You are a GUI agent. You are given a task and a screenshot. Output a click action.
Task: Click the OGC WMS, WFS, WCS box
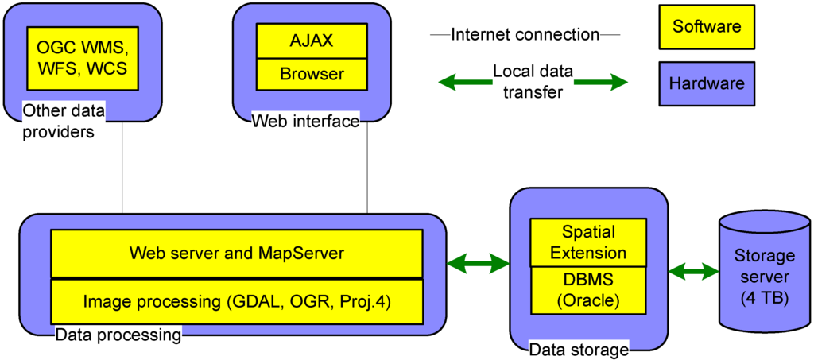pyautogui.click(x=77, y=59)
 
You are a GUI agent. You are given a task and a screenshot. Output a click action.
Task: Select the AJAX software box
pyautogui.click(x=312, y=41)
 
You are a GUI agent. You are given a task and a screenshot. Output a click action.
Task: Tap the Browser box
pyautogui.click(x=312, y=75)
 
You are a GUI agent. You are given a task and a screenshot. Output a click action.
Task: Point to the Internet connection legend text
pyautogui.click(x=524, y=35)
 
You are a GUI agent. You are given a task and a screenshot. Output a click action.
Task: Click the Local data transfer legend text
pyautogui.click(x=528, y=82)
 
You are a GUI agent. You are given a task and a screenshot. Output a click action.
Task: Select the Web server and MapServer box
pyautogui.click(x=236, y=254)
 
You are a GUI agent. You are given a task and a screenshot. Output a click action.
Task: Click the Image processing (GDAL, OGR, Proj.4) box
pyautogui.click(x=236, y=301)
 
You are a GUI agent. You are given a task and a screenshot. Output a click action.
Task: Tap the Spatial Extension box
pyautogui.click(x=589, y=243)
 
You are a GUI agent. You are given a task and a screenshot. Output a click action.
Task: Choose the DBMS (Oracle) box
pyautogui.click(x=589, y=291)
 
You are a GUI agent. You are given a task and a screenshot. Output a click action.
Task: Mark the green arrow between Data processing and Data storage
pyautogui.click(x=479, y=263)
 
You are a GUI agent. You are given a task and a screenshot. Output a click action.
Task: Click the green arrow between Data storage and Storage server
pyautogui.click(x=693, y=272)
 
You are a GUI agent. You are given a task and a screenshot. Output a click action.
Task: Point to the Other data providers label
pyautogui.click(x=60, y=121)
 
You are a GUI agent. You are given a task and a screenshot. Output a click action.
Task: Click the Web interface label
pyautogui.click(x=305, y=121)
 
